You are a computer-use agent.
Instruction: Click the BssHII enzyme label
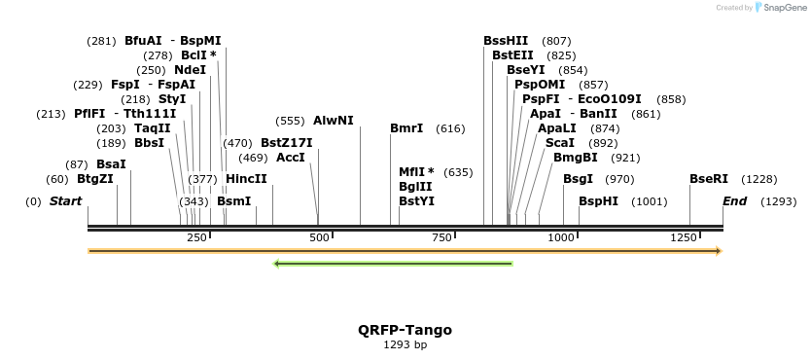(x=506, y=41)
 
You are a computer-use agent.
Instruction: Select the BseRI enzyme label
(x=708, y=179)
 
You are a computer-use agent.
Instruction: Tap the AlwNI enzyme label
(x=333, y=121)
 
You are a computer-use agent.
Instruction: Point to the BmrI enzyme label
(x=405, y=128)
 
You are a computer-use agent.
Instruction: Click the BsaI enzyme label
(x=111, y=164)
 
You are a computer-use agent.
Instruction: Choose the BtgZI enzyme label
(x=95, y=179)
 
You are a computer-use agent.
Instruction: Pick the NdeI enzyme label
(x=190, y=70)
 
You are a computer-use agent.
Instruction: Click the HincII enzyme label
(x=246, y=179)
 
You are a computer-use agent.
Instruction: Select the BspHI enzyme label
(x=598, y=201)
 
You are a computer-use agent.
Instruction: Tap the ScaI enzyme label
(x=559, y=143)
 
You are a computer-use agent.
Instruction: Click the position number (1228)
(x=759, y=179)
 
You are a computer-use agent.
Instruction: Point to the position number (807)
(x=556, y=41)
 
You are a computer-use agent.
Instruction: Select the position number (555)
(x=290, y=121)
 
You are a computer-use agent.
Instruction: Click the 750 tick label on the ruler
(x=442, y=238)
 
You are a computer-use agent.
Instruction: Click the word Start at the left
(x=65, y=201)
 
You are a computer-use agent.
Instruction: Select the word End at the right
(x=734, y=201)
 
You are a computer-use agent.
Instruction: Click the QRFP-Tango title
(x=405, y=330)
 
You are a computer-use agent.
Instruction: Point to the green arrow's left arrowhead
(x=277, y=263)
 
